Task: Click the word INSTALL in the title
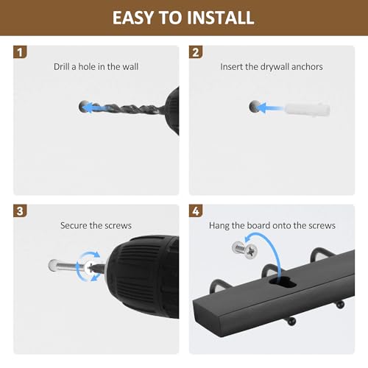tap(220, 18)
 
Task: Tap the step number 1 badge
tap(20, 52)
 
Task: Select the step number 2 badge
tap(196, 52)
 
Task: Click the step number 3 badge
tap(20, 211)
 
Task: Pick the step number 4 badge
tap(196, 211)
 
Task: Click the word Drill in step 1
tap(61, 66)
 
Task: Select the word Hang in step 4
tap(219, 226)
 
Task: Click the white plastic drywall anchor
tap(307, 109)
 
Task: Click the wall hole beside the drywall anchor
tap(255, 107)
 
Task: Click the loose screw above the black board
tap(245, 250)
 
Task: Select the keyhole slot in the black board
tap(283, 281)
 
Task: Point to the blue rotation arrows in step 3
tap(88, 266)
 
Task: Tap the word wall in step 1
tap(130, 66)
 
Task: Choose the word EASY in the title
tap(133, 18)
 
